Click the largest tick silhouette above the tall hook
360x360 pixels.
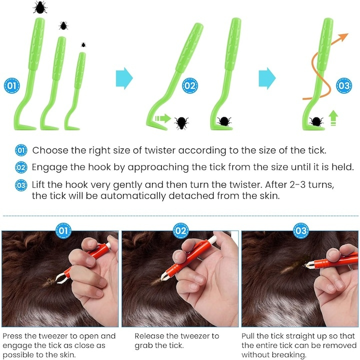40,7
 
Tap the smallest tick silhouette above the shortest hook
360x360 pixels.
83,45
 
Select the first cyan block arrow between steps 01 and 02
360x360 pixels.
124,78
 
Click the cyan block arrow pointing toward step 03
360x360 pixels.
267,78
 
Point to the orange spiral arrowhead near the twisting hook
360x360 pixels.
343,37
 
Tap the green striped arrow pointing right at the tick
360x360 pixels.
163,118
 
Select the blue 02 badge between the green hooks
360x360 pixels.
190,85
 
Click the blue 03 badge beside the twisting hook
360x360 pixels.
344,85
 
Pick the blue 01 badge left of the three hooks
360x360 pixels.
12,85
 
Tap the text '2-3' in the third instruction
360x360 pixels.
297,184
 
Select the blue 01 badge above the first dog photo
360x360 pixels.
63,230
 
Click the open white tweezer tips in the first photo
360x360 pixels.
59,277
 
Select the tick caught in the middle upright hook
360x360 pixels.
224,121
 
